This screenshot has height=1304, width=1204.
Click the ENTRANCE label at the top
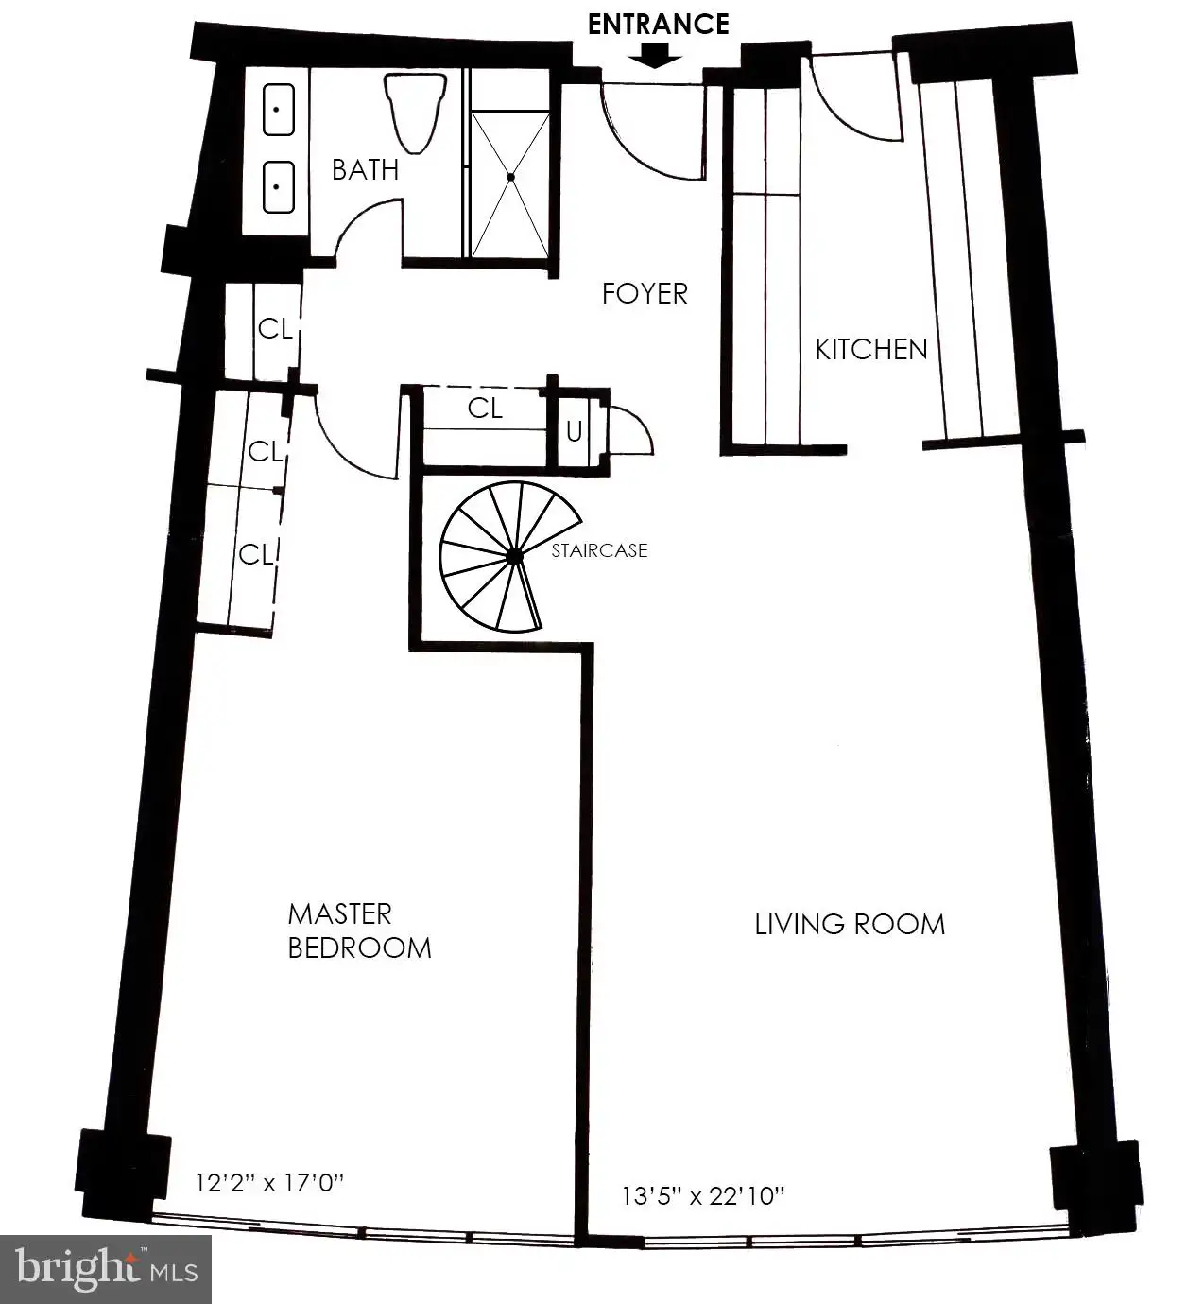(658, 25)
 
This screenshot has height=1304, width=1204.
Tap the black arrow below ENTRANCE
(655, 55)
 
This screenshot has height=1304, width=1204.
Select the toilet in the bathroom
(415, 113)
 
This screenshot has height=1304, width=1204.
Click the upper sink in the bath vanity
(279, 110)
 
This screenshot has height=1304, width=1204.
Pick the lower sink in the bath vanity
(279, 187)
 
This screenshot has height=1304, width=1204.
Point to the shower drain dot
(510, 177)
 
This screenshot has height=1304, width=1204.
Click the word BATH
(365, 170)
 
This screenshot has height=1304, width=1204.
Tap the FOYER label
(645, 293)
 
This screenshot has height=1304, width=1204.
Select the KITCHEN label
(871, 349)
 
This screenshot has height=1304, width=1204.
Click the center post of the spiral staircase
(514, 557)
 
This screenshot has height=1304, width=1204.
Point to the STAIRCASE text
(599, 550)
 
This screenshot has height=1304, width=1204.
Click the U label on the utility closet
(574, 432)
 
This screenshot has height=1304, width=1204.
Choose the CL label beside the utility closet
(485, 409)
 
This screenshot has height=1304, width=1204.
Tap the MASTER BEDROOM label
(360, 931)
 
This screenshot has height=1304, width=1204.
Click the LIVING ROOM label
(850, 925)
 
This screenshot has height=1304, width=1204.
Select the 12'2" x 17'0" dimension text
(270, 1183)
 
